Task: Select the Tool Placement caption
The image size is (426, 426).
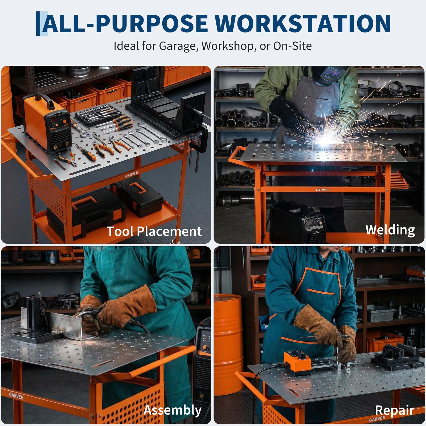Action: (x=154, y=231)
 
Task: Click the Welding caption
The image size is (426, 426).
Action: (x=390, y=230)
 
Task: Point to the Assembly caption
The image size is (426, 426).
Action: (x=173, y=410)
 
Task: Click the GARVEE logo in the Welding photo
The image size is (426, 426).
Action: (x=322, y=190)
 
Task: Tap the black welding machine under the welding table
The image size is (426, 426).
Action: (x=297, y=222)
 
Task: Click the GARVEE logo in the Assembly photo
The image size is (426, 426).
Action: (x=16, y=396)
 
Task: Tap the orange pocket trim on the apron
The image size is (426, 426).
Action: (x=321, y=292)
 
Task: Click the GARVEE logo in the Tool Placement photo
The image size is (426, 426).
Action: (x=132, y=175)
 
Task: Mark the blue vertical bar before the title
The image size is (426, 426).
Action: (x=38, y=23)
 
